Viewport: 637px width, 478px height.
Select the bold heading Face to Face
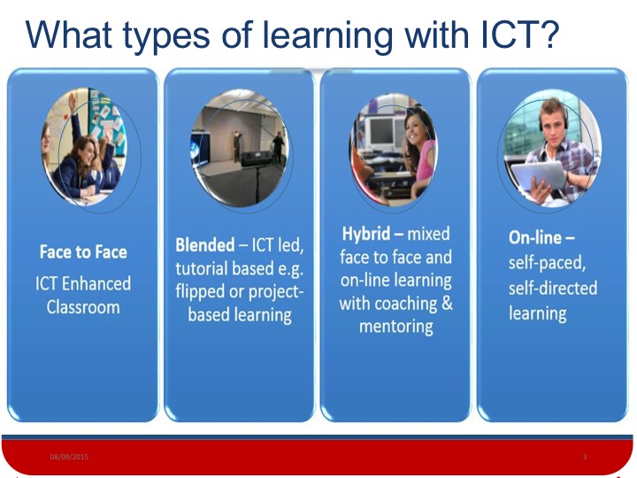pyautogui.click(x=83, y=251)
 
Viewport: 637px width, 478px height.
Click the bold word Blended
pyautogui.click(x=204, y=244)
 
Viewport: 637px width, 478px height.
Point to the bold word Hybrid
pyautogui.click(x=366, y=234)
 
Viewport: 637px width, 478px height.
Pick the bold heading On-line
pyautogui.click(x=535, y=238)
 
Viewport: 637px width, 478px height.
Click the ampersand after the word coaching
pyautogui.click(x=447, y=303)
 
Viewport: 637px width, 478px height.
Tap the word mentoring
pyautogui.click(x=396, y=327)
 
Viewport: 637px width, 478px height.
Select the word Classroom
pyautogui.click(x=83, y=307)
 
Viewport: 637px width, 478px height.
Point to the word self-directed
pyautogui.click(x=553, y=288)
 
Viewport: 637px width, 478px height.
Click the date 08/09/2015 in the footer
pyautogui.click(x=69, y=457)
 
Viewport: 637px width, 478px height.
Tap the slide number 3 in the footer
pyautogui.click(x=585, y=457)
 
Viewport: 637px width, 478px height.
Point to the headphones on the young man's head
pyautogui.click(x=552, y=116)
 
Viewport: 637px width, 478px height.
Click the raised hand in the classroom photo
pyautogui.click(x=73, y=104)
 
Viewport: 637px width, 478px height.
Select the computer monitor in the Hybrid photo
pyautogui.click(x=380, y=131)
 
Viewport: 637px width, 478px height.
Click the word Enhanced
pyautogui.click(x=96, y=284)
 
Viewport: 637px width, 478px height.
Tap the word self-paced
pyautogui.click(x=548, y=263)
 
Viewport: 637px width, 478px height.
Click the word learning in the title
pyautogui.click(x=327, y=35)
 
